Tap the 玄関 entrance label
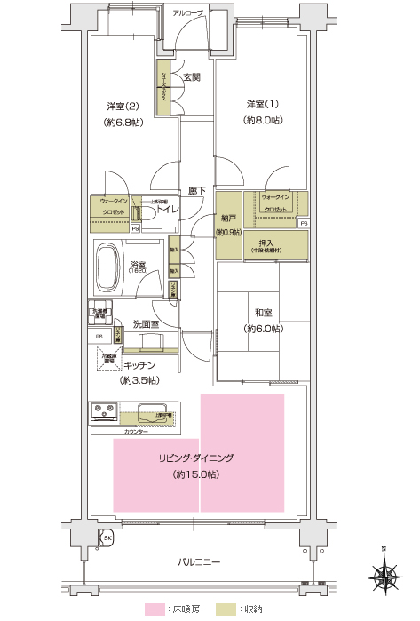[x=192, y=78]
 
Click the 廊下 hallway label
[x=197, y=190]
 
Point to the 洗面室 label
[x=146, y=323]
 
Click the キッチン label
[x=140, y=365]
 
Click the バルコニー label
[x=199, y=561]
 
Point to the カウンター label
[x=137, y=430]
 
